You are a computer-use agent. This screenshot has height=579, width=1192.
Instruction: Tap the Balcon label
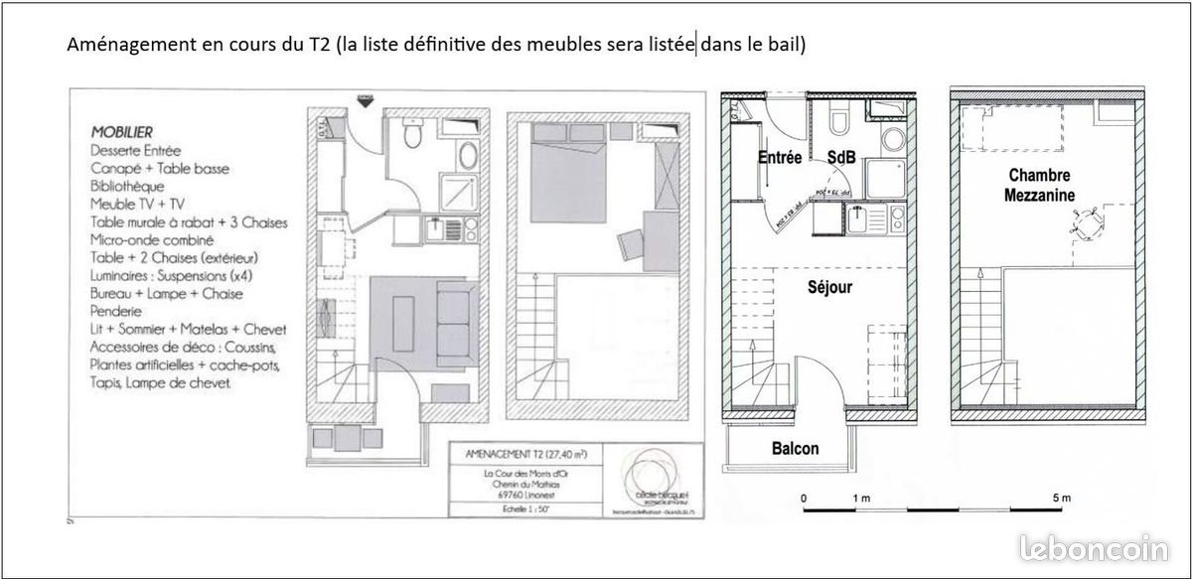[x=796, y=449]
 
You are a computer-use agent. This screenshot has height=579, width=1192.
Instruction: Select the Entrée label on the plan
[x=780, y=158]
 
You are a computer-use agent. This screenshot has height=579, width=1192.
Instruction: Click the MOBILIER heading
[x=122, y=131]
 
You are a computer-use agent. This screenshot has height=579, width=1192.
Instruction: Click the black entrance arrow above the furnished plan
[x=365, y=99]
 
